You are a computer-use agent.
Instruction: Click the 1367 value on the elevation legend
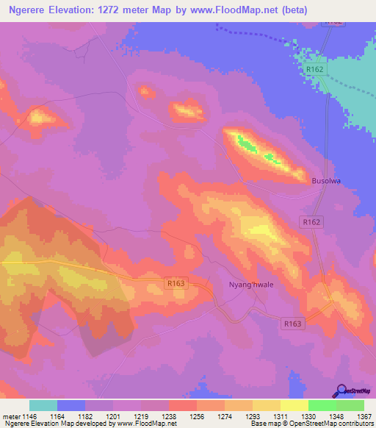tap(364, 415)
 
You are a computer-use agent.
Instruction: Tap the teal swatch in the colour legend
tap(43, 405)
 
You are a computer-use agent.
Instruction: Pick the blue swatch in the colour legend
tap(71, 405)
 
